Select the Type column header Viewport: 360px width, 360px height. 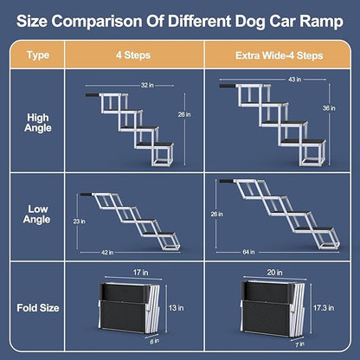pyautogui.click(x=38, y=54)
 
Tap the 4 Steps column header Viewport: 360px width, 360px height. pyautogui.click(x=134, y=54)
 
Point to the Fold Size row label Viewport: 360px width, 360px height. pyautogui.click(x=38, y=306)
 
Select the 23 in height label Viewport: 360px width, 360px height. pyautogui.click(x=79, y=222)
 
